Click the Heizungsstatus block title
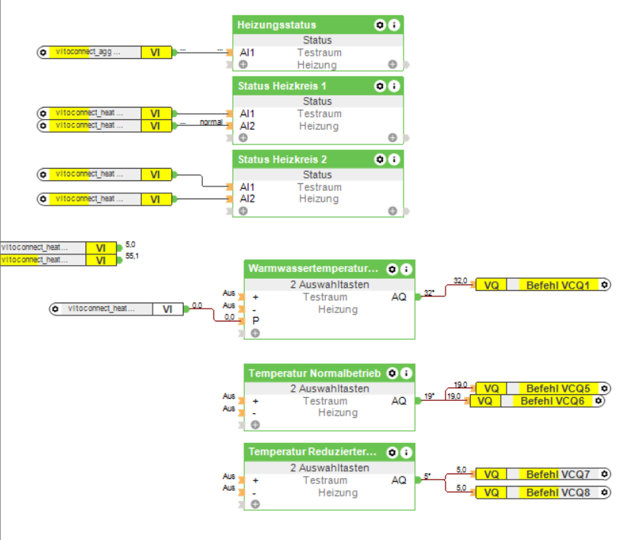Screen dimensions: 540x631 coord(277,25)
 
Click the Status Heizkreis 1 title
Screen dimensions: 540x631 coord(283,86)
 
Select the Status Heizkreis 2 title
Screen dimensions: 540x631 coord(283,160)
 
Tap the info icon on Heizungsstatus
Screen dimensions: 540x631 coord(394,25)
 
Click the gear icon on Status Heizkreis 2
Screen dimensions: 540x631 coord(380,160)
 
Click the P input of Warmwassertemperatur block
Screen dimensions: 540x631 coord(256,321)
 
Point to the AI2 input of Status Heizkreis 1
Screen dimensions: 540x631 coord(247,126)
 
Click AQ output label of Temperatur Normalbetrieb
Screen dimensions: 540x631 coord(399,400)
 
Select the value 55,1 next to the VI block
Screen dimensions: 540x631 coord(132,256)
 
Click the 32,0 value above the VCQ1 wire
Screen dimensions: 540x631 coord(460,280)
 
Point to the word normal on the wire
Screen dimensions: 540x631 coord(211,122)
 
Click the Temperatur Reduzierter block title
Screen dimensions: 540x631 coord(312,452)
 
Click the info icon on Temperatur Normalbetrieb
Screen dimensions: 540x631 coord(407,373)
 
